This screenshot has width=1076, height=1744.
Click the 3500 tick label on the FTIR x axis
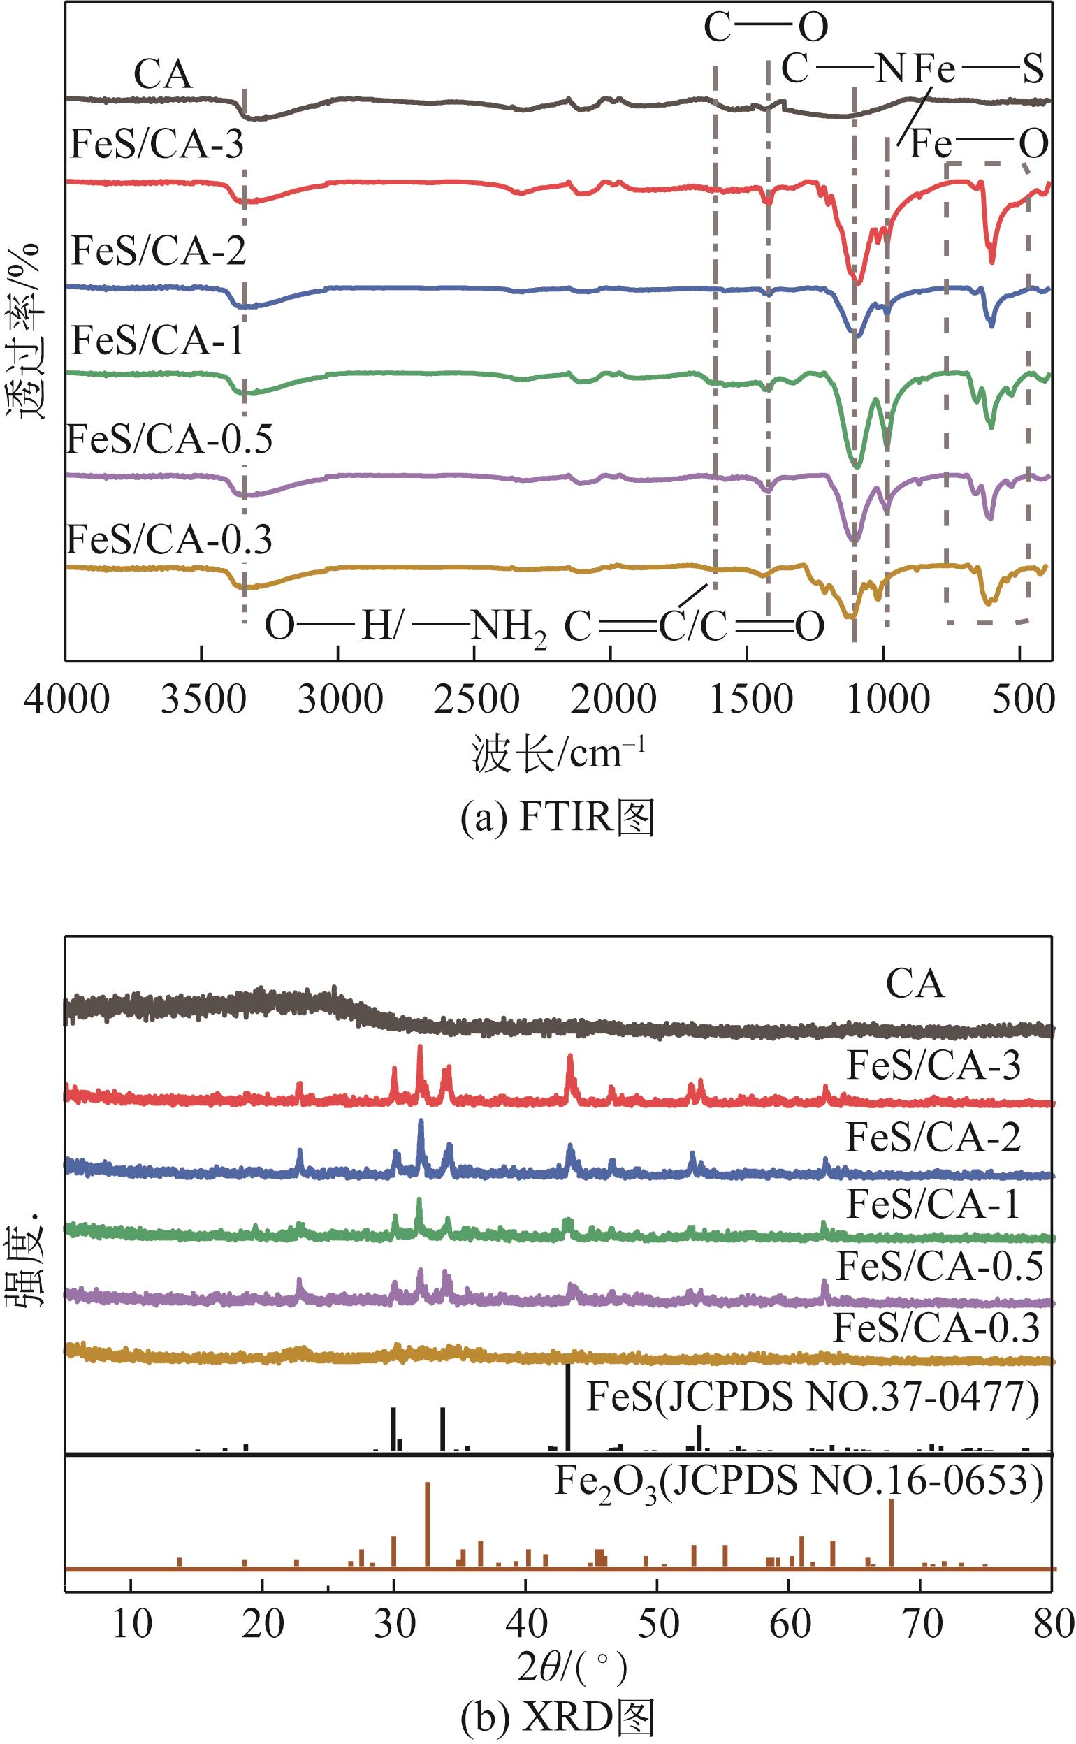click(x=203, y=700)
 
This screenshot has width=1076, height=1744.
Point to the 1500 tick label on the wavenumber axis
click(x=751, y=700)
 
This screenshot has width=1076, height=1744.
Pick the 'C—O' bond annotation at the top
click(x=766, y=29)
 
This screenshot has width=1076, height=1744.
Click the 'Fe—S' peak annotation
click(x=979, y=71)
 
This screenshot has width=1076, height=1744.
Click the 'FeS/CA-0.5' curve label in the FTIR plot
click(x=169, y=439)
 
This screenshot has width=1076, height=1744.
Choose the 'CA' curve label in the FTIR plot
click(x=163, y=75)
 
